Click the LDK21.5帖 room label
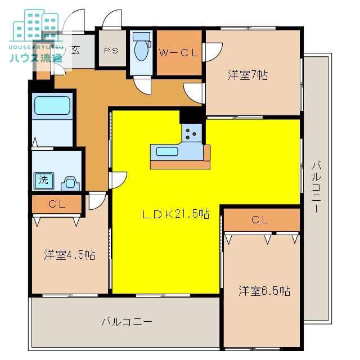[175, 214]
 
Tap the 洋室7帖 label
[247, 75]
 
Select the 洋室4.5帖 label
[69, 255]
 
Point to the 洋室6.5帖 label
[264, 291]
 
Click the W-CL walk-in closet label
[179, 53]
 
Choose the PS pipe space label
[110, 49]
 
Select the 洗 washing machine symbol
[43, 181]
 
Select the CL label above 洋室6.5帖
[260, 219]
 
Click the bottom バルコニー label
[127, 322]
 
